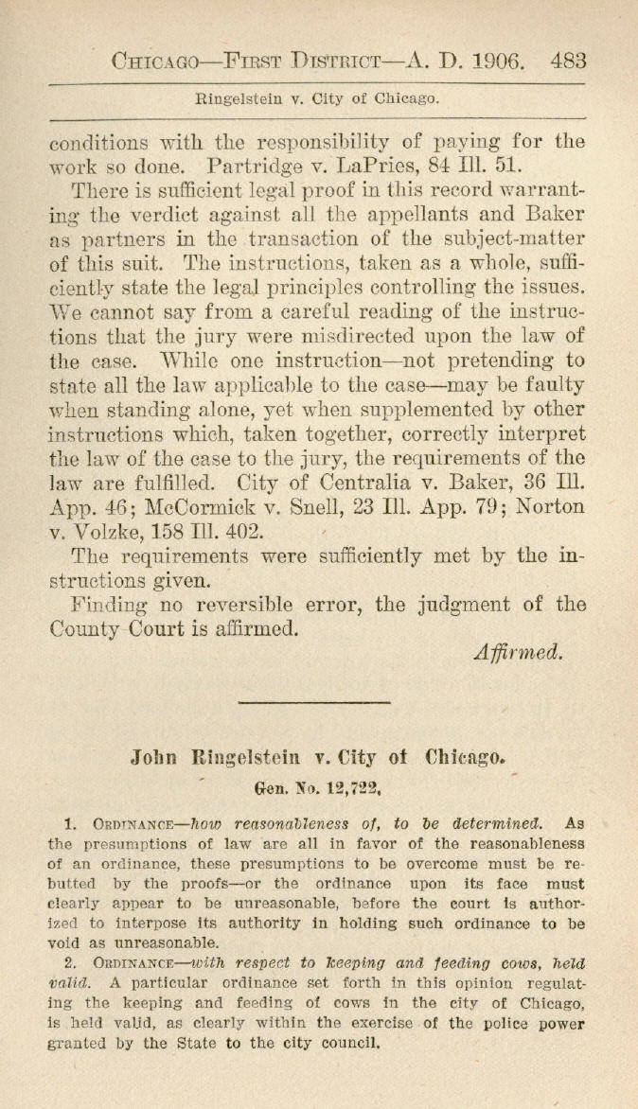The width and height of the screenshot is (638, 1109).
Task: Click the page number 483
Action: click(568, 62)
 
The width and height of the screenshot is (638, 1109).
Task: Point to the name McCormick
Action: click(172, 506)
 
